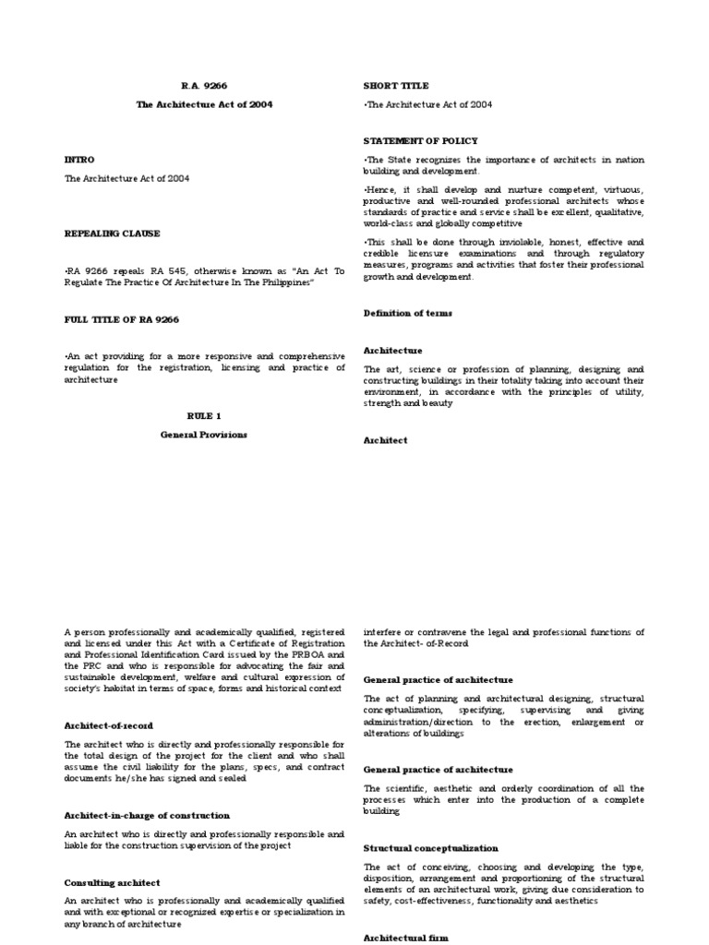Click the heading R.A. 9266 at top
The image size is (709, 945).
point(204,86)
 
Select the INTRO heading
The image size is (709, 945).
point(79,160)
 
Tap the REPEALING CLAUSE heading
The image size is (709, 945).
point(112,233)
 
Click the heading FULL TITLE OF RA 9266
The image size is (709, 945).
point(122,318)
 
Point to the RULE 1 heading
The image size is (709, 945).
point(204,416)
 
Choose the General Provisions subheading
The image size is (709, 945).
point(204,435)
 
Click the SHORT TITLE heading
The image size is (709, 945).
point(396,86)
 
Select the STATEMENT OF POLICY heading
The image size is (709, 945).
point(421,141)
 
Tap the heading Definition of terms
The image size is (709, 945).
point(408,314)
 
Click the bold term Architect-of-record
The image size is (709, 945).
point(109,725)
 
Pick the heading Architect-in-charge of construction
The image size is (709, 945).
point(147,816)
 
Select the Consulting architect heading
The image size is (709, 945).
point(112,882)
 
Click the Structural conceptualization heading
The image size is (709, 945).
point(431,847)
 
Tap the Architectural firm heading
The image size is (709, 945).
point(406,938)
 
